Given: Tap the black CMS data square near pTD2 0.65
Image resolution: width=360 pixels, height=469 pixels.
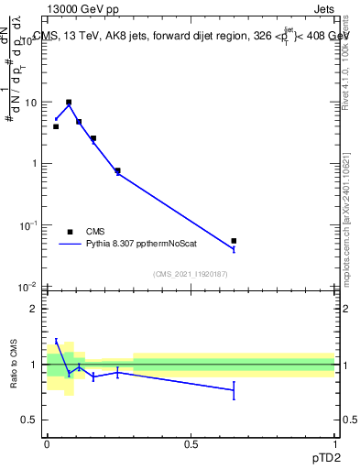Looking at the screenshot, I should point(234,241).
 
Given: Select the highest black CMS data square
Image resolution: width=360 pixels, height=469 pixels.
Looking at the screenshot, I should point(69,103).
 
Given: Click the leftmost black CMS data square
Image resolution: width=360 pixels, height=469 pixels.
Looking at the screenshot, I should point(56,126).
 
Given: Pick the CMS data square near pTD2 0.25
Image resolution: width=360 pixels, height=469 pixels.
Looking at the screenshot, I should point(117,170).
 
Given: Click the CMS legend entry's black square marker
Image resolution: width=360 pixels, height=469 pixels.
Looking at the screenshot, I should point(70,232).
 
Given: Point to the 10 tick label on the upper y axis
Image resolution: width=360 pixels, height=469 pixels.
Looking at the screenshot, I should point(31,103).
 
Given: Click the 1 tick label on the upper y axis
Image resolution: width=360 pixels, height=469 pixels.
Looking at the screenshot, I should point(35,164).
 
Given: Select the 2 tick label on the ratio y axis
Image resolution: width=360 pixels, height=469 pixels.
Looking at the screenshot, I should point(34,309).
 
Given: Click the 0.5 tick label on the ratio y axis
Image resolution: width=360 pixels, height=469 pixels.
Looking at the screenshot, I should point(30,420).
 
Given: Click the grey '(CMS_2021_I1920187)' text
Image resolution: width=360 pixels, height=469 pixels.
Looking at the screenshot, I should point(191,274).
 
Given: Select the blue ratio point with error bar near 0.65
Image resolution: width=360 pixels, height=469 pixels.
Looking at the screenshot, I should point(234,390).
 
